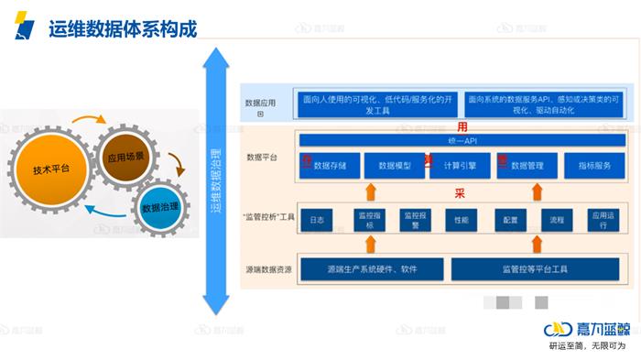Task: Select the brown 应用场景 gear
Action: pyautogui.click(x=126, y=157)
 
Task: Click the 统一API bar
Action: pyautogui.click(x=462, y=140)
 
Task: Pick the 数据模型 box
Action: pyautogui.click(x=394, y=166)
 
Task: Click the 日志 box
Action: pyautogui.click(x=316, y=220)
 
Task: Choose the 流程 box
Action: pyautogui.click(x=557, y=220)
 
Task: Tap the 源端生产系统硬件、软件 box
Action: pyautogui.click(x=372, y=269)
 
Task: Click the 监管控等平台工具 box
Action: pyautogui.click(x=536, y=269)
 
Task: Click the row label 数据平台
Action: pyautogui.click(x=261, y=158)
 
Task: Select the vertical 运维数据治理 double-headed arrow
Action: pyautogui.click(x=216, y=183)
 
